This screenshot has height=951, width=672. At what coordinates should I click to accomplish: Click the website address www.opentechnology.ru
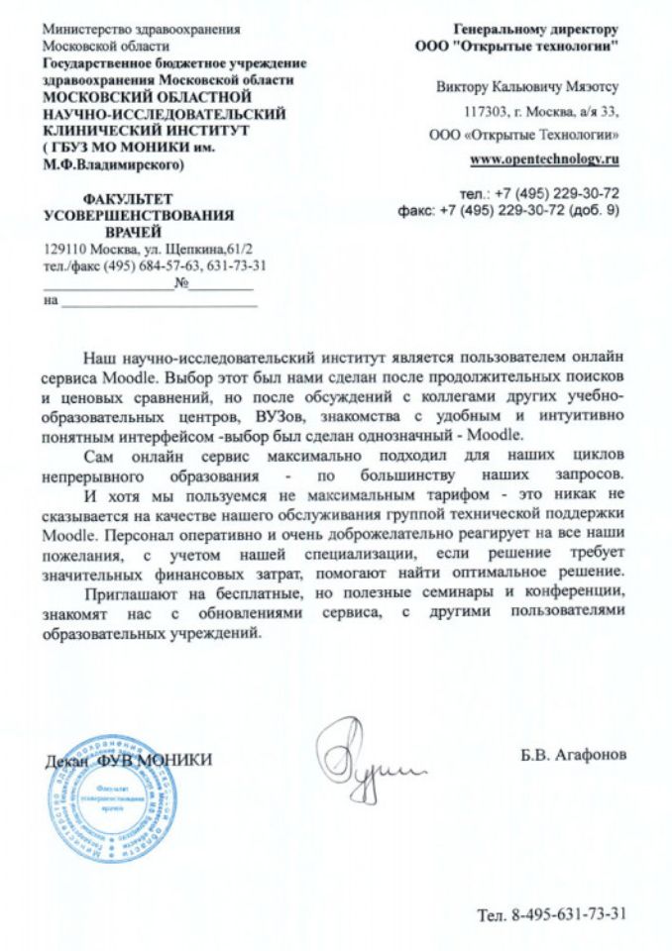click(x=544, y=158)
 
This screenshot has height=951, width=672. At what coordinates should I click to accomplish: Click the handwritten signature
click(x=368, y=758)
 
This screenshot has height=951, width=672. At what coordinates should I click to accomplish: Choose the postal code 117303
click(x=485, y=111)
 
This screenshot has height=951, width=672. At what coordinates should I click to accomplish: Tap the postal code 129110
click(x=66, y=250)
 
